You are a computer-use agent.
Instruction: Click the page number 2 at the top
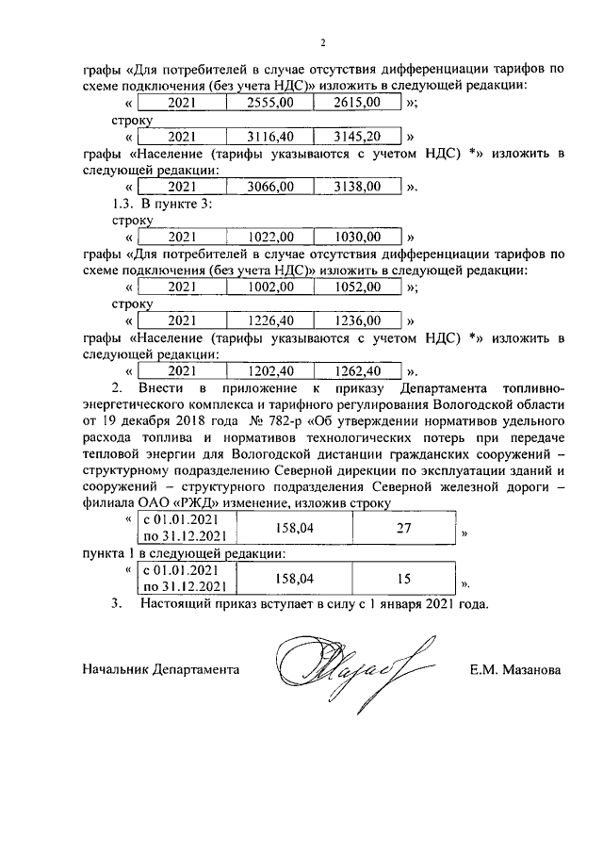[x=322, y=42]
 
